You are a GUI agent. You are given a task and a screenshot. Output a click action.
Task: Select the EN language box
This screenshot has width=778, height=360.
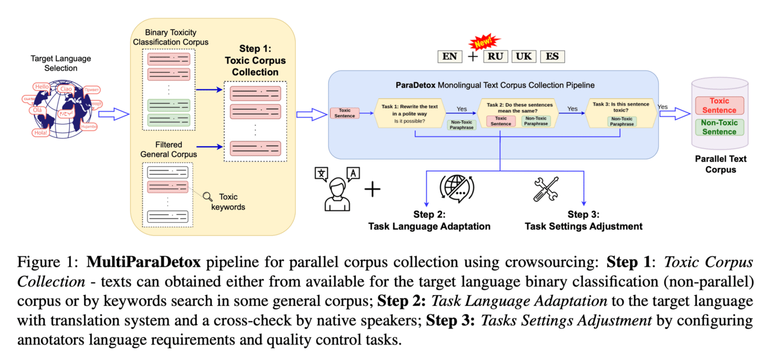[450, 57]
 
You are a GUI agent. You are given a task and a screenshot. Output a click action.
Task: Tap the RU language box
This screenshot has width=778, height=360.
[496, 57]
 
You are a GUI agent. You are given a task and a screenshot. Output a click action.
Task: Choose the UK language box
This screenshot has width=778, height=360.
[524, 57]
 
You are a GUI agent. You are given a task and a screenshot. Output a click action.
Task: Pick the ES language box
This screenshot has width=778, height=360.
[552, 57]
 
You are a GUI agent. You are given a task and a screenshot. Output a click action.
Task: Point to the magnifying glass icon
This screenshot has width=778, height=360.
[208, 196]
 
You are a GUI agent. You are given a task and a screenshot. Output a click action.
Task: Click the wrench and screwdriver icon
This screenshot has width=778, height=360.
[546, 189]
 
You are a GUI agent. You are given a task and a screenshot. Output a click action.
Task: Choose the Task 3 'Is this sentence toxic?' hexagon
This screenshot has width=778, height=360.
[621, 113]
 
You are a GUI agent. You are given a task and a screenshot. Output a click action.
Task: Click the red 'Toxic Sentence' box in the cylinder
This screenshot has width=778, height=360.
[719, 105]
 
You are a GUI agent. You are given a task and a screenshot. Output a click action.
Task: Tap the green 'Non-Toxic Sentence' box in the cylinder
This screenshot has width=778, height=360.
[719, 127]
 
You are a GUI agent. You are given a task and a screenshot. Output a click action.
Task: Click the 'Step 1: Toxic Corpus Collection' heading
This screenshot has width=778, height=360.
[255, 61]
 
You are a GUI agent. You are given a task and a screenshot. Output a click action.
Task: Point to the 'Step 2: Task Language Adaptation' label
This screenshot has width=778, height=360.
[429, 221]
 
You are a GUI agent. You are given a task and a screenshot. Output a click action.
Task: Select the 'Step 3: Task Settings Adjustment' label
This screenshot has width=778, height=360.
[583, 221]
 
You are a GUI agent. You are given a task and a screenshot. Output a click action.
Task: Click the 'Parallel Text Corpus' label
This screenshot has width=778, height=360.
[721, 164]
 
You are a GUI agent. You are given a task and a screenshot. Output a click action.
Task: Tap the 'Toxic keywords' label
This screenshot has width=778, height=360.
[232, 202]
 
